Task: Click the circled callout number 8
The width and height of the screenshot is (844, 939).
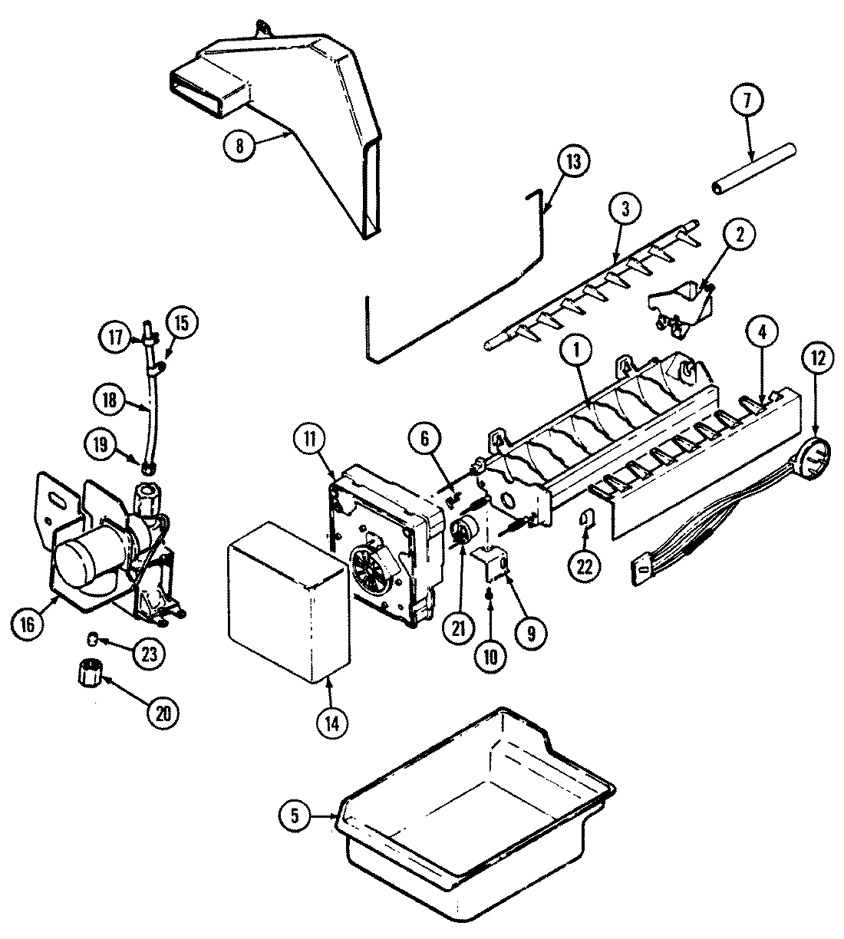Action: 240,145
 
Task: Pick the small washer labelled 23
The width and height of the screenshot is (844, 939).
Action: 93,638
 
